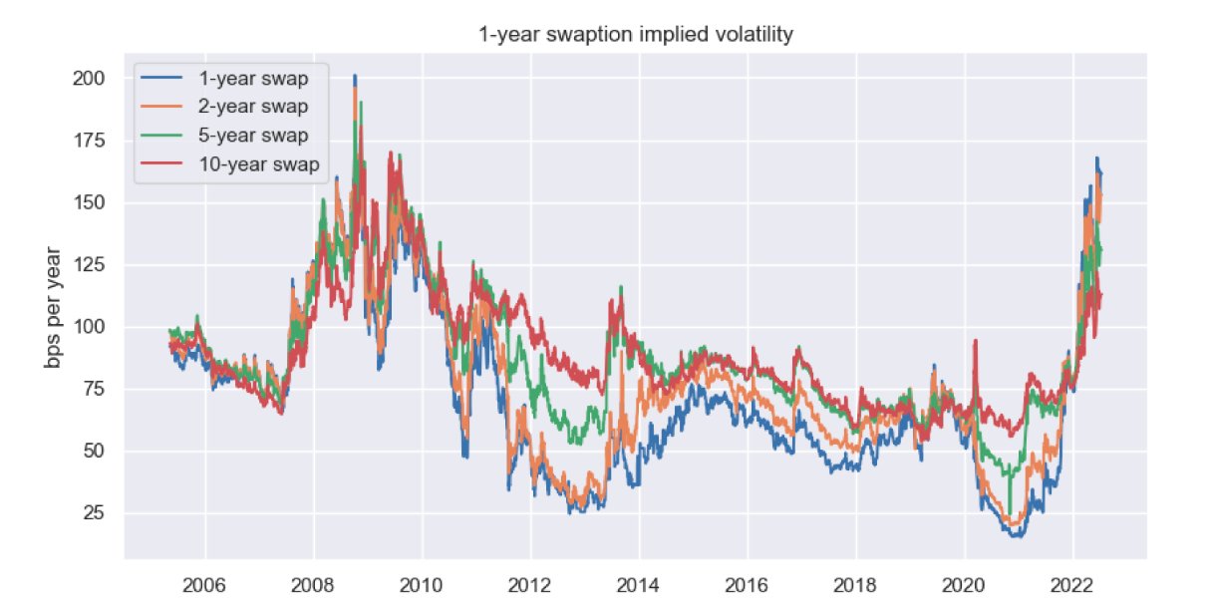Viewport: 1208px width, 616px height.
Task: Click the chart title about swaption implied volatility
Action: [636, 35]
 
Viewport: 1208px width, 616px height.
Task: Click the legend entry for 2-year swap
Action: [253, 107]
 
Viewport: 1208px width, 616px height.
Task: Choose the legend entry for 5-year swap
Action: [253, 136]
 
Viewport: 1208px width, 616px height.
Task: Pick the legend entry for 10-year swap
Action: [258, 164]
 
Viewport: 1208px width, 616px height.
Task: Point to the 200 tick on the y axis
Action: [89, 78]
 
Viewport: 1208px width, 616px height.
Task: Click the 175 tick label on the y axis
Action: [89, 141]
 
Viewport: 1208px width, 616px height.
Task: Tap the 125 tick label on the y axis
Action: [89, 265]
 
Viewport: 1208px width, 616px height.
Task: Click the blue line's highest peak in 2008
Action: [355, 76]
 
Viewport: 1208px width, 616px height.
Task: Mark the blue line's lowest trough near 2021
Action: [1016, 536]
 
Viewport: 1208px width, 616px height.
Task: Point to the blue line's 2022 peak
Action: [1096, 158]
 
